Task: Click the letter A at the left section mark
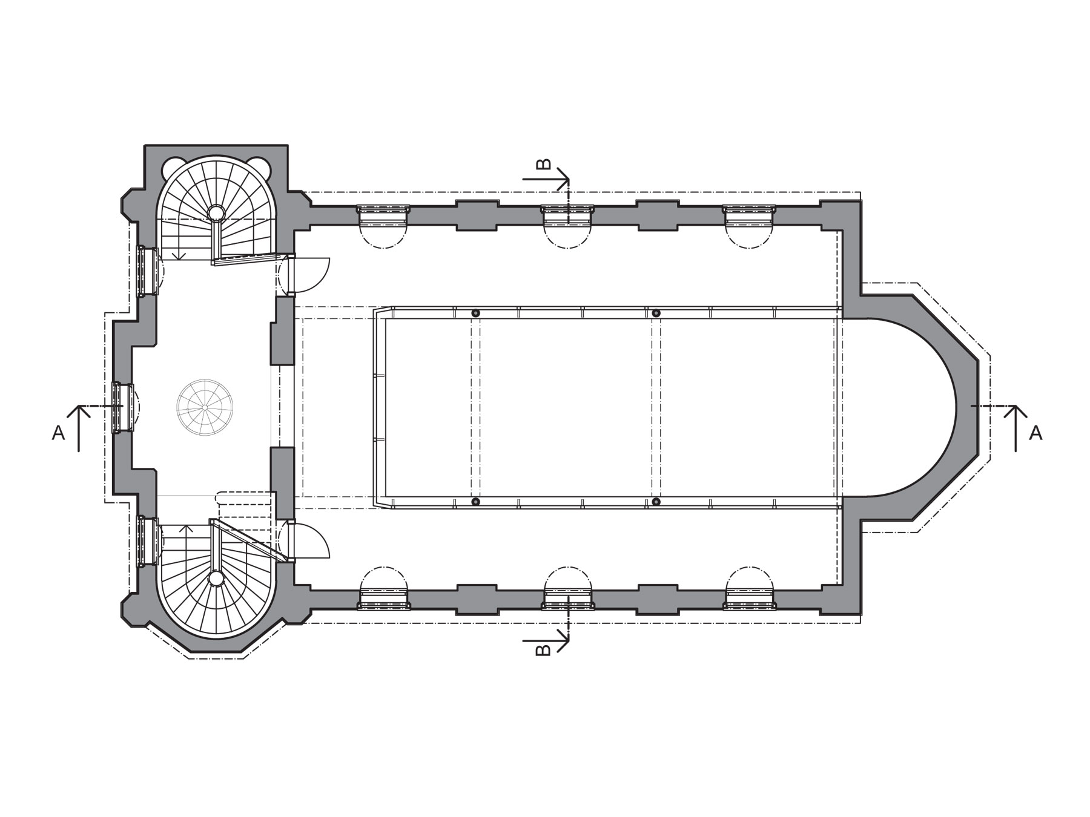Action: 58,433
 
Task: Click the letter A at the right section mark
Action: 1035,433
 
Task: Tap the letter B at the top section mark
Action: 544,165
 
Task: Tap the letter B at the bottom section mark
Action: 544,649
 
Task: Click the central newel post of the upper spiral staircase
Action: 216,212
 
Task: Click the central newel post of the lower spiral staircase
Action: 216,578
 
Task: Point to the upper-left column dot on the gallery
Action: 475,313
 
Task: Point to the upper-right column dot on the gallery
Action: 656,313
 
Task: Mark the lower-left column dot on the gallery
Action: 475,502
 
